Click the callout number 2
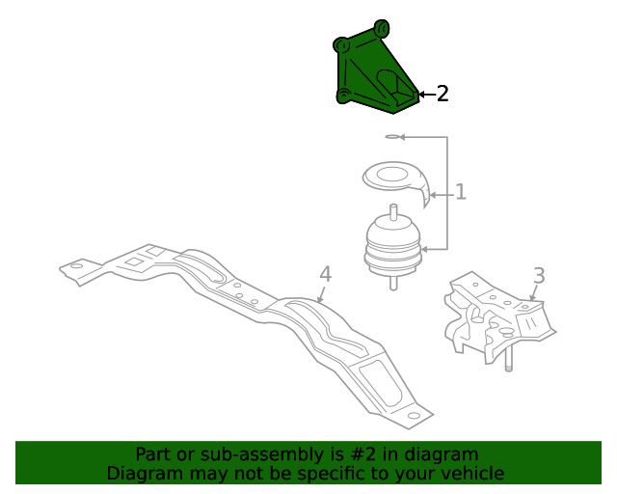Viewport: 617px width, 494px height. coord(443,94)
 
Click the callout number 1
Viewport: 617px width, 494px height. coord(461,192)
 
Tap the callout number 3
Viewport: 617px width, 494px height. coord(539,276)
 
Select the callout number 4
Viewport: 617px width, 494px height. coord(325,273)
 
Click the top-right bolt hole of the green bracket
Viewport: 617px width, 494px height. coord(381,26)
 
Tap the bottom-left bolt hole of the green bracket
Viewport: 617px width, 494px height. coord(342,95)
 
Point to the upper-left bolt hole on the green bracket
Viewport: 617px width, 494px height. coord(340,44)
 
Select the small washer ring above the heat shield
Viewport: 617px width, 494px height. coord(391,137)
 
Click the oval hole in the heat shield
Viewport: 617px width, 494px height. coord(394,175)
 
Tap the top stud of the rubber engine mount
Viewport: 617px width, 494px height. coord(392,212)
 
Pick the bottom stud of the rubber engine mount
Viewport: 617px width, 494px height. coord(392,282)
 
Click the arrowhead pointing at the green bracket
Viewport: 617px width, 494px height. coord(422,95)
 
